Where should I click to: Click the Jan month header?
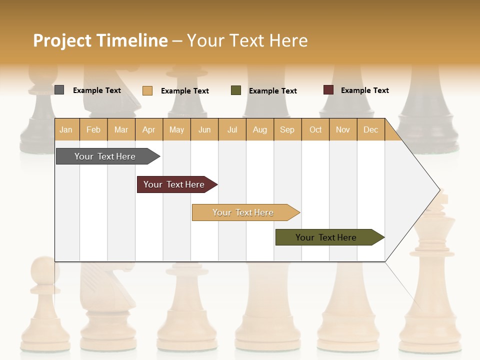[x=66, y=129]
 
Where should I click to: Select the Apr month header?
[x=148, y=129]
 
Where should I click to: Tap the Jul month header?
[x=232, y=129]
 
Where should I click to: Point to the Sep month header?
[x=287, y=129]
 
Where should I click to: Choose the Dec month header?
[x=370, y=129]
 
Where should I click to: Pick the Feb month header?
[x=93, y=129]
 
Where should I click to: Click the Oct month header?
[x=315, y=129]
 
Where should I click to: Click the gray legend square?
[x=59, y=90]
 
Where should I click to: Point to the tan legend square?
[x=147, y=90]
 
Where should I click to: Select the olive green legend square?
[x=236, y=90]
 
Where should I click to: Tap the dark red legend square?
[x=328, y=90]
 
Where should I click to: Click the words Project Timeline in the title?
[x=100, y=40]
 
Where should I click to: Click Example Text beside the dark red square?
[x=364, y=90]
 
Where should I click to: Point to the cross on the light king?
[x=442, y=198]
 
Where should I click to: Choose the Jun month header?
[x=204, y=129]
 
